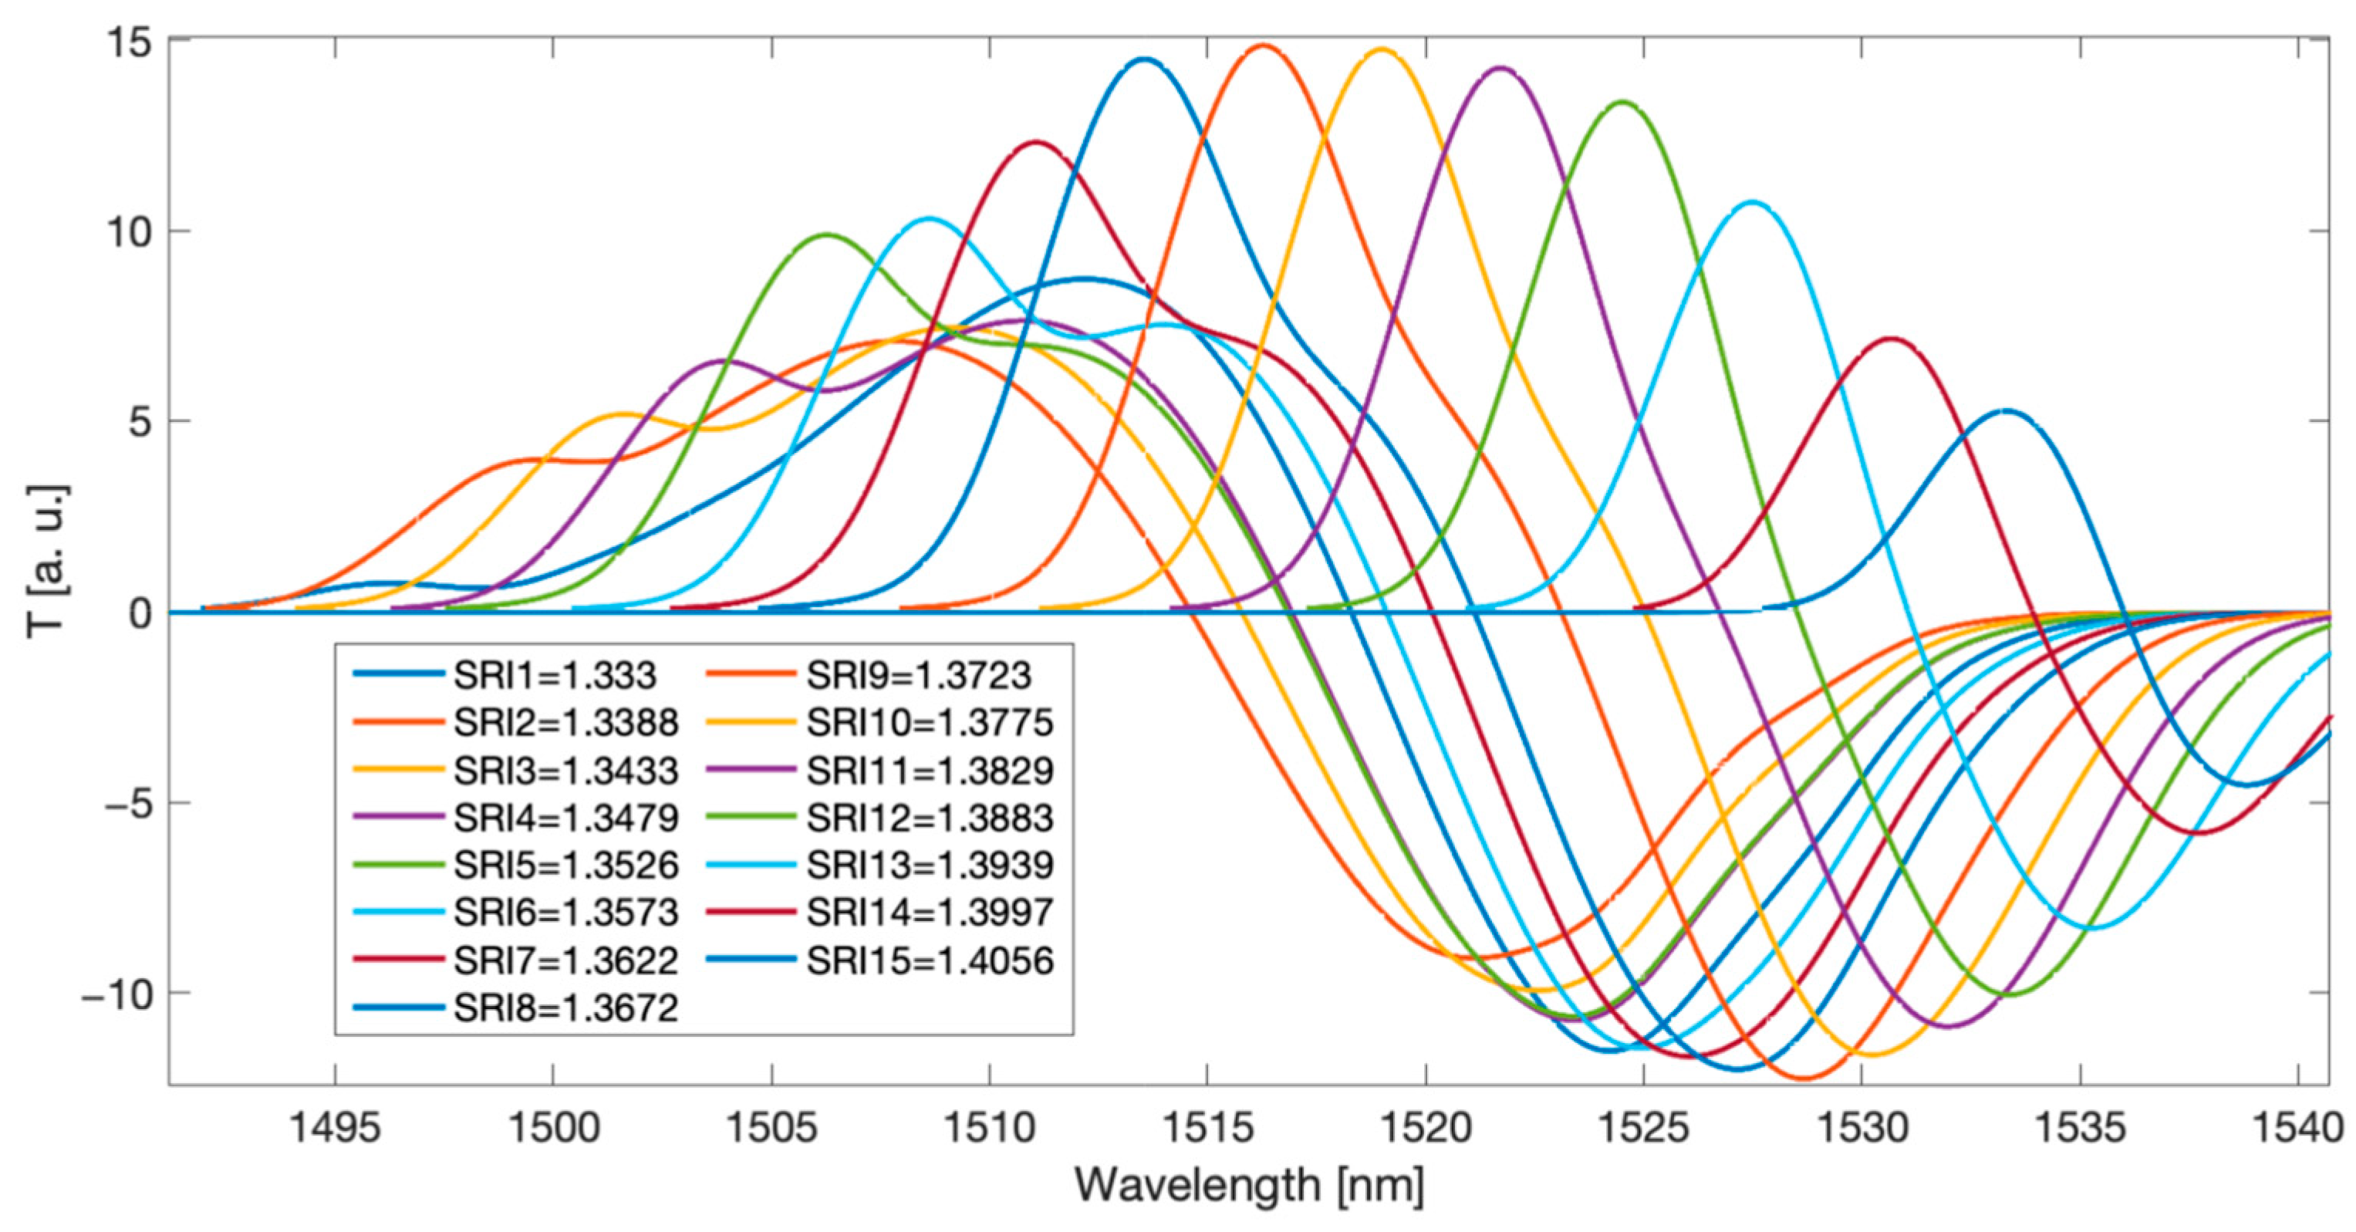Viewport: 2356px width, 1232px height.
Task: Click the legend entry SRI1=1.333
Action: pos(554,675)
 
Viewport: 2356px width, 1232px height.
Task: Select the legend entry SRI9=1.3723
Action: pos(918,675)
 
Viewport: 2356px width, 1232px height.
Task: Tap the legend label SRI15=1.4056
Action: pos(930,960)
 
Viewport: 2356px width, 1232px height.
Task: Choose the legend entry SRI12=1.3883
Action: pos(930,818)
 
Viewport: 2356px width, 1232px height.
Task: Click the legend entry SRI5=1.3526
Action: pos(566,866)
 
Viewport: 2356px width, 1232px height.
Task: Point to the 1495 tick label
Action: pos(335,1128)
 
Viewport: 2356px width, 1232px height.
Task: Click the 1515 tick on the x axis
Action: pos(1207,1128)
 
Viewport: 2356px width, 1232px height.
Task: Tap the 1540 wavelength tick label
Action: pos(2297,1128)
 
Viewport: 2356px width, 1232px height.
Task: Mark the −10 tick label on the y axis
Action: pos(117,994)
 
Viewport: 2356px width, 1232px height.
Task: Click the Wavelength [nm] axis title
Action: pos(1249,1186)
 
